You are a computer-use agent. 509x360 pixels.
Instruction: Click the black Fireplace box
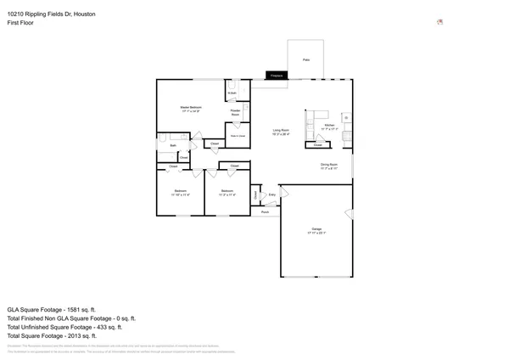(x=276, y=76)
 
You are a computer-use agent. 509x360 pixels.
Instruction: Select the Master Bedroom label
(x=190, y=108)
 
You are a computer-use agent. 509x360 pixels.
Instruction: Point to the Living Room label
(x=281, y=132)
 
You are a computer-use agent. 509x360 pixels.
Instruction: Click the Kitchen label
(x=330, y=126)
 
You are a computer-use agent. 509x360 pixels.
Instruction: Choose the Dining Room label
(x=329, y=166)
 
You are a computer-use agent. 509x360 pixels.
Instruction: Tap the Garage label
(x=316, y=230)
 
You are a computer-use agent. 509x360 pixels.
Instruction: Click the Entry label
(x=272, y=195)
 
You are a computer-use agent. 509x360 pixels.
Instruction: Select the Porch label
(x=265, y=212)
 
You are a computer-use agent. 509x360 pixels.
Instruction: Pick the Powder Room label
(x=236, y=112)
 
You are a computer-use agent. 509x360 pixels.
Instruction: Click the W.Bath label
(x=231, y=93)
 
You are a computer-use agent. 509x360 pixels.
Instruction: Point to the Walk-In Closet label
(x=238, y=136)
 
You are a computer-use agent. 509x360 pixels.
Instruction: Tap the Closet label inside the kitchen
(x=317, y=144)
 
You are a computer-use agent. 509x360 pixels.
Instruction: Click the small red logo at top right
(x=439, y=22)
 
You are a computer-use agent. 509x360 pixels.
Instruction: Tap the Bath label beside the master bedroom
(x=172, y=145)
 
